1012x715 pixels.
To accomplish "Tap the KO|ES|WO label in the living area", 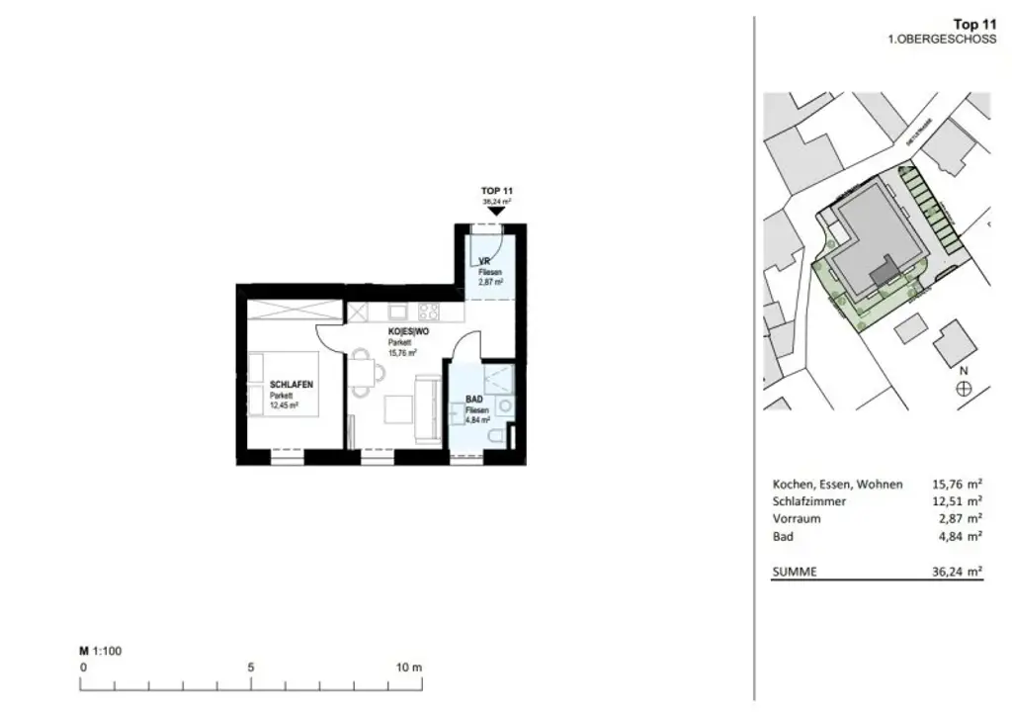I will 388,332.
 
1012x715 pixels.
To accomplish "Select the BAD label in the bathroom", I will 473,401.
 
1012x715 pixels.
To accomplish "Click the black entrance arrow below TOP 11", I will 496,210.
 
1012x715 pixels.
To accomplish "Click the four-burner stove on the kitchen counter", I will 430,312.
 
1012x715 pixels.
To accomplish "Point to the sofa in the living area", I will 429,409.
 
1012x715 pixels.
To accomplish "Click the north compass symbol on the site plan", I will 964,389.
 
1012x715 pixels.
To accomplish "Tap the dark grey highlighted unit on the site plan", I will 883,267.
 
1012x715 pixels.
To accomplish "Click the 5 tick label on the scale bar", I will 251,668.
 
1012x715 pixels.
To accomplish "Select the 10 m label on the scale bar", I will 408,668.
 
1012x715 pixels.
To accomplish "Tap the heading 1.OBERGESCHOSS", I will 942,39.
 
